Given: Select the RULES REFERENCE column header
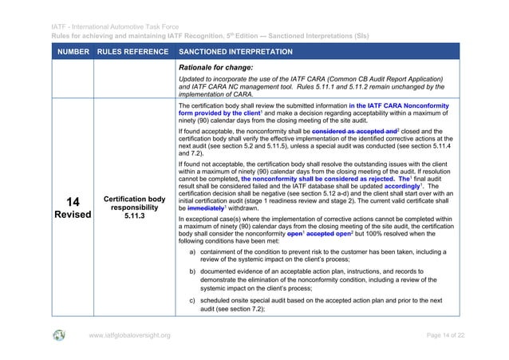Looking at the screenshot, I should pos(132,52).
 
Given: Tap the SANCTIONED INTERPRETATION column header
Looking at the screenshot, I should pos(236,52).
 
